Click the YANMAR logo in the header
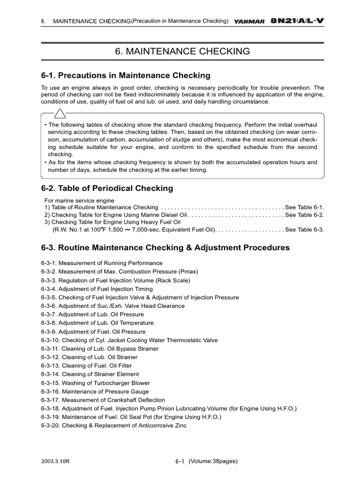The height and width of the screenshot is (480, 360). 249,21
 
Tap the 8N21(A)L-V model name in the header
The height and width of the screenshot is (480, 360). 297,21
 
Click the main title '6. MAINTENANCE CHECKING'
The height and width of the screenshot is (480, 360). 182,52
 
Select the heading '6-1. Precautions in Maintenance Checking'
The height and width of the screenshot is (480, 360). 126,75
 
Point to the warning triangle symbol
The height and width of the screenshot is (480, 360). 60,113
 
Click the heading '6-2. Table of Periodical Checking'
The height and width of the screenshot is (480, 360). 107,188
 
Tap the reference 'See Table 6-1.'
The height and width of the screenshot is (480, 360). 304,207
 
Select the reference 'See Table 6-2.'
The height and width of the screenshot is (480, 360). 304,215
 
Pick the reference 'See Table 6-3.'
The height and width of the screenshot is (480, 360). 304,230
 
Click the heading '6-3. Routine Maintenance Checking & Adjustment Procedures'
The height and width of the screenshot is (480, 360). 165,247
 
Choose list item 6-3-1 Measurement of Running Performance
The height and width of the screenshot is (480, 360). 102,263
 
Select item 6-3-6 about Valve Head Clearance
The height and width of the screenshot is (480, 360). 112,306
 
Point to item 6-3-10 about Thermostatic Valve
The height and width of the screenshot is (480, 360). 129,340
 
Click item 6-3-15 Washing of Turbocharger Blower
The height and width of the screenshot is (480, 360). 96,383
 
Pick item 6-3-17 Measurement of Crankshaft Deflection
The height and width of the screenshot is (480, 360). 103,400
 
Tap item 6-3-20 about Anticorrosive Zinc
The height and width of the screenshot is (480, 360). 113,426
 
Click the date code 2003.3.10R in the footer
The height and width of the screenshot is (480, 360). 55,461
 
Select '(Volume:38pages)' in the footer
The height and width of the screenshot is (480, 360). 213,461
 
